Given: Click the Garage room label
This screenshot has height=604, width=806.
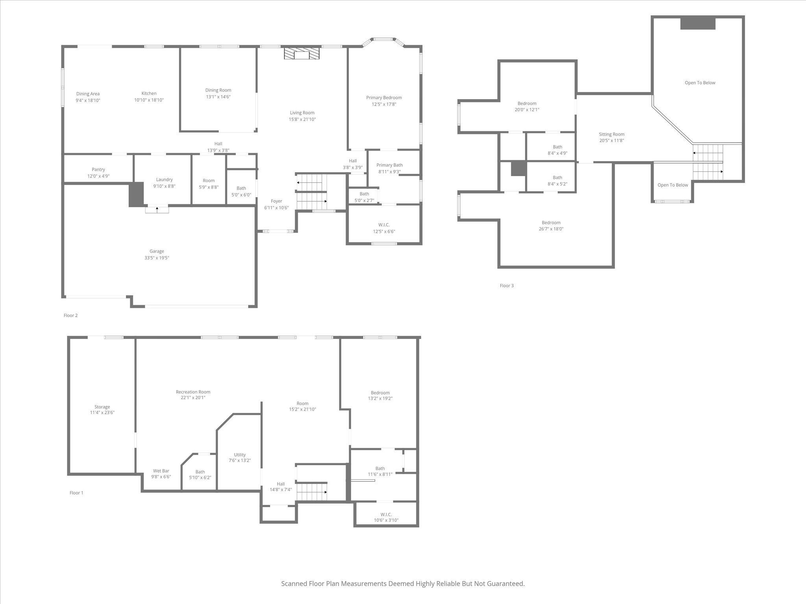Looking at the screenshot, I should click(157, 251).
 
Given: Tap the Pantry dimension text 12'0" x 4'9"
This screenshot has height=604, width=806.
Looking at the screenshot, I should click(98, 176).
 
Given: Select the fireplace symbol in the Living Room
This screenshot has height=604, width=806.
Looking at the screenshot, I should click(302, 54).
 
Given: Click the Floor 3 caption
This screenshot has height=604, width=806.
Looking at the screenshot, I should click(507, 285).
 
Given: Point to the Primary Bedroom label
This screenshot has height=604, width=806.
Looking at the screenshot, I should click(384, 98).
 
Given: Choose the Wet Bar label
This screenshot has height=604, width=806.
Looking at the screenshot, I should click(161, 471).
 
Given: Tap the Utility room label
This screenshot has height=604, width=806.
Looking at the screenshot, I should click(240, 455).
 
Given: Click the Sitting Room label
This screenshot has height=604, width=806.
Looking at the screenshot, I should click(612, 134).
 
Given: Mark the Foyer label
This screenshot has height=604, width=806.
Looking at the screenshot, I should click(276, 201).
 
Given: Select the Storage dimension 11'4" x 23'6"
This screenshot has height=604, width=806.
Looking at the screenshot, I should click(102, 412).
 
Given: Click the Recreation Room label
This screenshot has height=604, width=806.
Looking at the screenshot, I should click(193, 392).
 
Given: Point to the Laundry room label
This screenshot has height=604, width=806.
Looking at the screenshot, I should click(164, 179).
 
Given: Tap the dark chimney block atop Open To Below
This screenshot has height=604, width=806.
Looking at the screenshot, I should click(698, 23).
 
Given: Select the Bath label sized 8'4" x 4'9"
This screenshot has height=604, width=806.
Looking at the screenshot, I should click(557, 147).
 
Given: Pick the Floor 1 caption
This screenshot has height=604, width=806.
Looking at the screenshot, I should click(76, 493).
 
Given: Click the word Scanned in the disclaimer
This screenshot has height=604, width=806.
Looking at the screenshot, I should click(294, 584).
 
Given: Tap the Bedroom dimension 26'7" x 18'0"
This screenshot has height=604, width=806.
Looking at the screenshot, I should click(551, 229).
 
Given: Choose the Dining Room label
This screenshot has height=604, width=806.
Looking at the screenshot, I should click(218, 90).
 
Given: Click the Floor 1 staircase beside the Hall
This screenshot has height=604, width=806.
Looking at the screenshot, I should click(312, 492).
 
